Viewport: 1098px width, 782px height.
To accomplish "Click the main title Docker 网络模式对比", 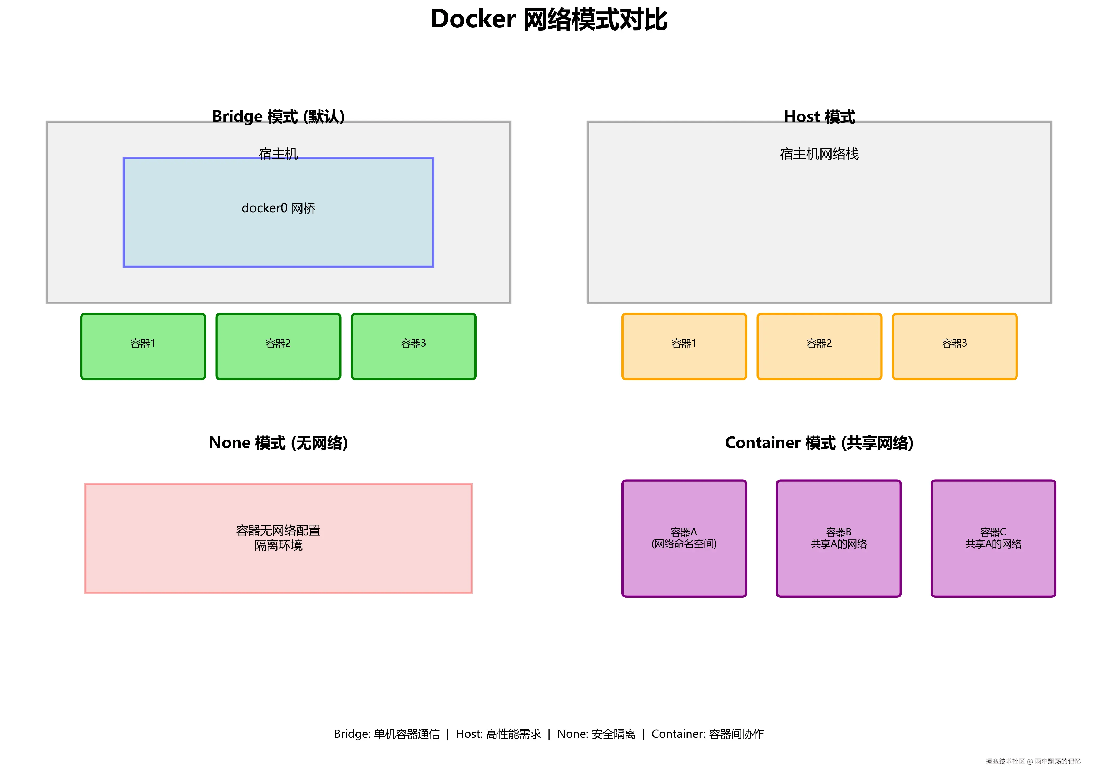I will (x=549, y=19).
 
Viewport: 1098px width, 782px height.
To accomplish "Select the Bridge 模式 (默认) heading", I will (x=278, y=116).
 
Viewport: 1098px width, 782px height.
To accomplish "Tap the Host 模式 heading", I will (x=819, y=116).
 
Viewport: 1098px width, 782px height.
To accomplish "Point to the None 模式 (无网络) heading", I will (x=278, y=442).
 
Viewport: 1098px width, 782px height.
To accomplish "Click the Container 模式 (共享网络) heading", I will (x=819, y=442).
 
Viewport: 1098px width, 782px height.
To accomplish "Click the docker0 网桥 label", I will (x=278, y=208).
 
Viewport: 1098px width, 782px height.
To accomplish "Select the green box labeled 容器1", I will (x=143, y=346).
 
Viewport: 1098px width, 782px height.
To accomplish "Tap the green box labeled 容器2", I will (x=278, y=346).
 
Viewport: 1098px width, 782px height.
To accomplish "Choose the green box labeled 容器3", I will (x=413, y=346).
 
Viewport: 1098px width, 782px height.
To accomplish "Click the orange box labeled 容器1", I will (x=684, y=346).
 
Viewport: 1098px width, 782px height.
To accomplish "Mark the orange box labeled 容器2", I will (x=819, y=346).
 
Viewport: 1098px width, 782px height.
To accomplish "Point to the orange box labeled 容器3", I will (x=954, y=346).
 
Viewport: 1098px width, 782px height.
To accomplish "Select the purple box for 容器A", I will (x=684, y=538).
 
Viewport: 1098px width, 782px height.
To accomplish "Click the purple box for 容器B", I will (x=839, y=538).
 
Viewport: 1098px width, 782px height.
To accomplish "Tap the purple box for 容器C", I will (x=993, y=538).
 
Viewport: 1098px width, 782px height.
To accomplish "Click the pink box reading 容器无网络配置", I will (x=278, y=538).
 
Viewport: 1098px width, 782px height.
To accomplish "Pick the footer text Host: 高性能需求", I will (x=498, y=734).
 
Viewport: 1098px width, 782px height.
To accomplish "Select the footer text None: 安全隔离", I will (x=596, y=734).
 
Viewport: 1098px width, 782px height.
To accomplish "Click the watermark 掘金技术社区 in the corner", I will (x=1005, y=761).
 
